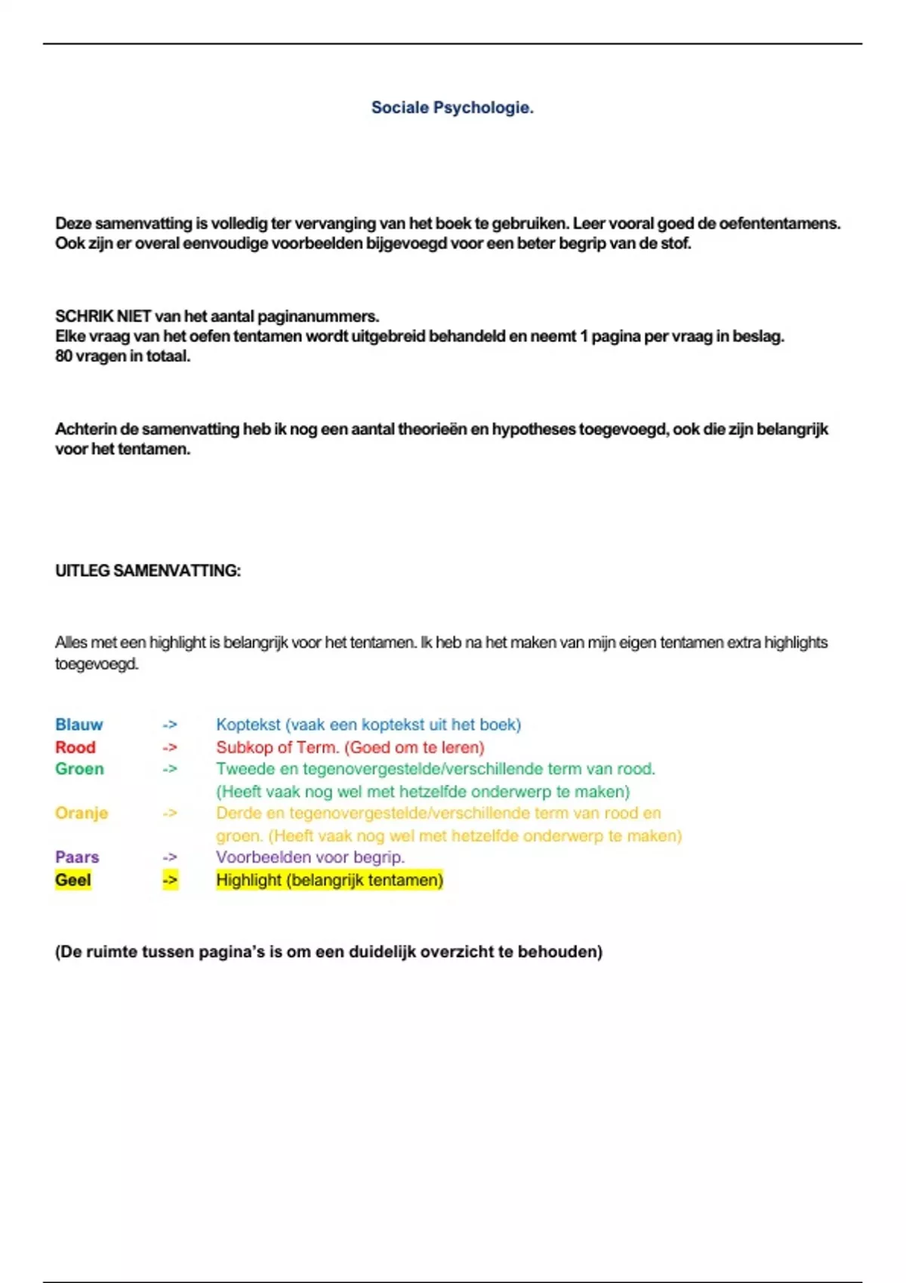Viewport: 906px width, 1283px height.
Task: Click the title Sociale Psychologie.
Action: [452, 108]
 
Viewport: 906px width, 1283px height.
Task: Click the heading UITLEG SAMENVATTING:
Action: [148, 571]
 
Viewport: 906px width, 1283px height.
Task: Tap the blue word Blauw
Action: [79, 725]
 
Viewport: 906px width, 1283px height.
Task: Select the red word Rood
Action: [75, 747]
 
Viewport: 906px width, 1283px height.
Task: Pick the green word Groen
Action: [79, 769]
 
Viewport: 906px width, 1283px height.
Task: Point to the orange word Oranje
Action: [82, 813]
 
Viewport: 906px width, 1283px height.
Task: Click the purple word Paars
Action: [77, 857]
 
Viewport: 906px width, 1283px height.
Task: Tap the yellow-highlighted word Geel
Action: [72, 880]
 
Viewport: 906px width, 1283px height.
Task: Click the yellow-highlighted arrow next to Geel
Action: [170, 880]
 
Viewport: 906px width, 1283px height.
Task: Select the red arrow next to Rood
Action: [170, 747]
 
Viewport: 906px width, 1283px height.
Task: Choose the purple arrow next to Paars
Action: [170, 857]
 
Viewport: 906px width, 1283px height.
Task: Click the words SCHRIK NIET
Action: [103, 316]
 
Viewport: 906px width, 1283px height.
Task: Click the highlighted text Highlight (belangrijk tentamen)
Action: [329, 880]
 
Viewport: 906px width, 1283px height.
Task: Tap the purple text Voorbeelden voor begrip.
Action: [310, 857]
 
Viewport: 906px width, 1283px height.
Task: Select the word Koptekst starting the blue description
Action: [248, 725]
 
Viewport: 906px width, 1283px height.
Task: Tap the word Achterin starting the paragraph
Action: [85, 429]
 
